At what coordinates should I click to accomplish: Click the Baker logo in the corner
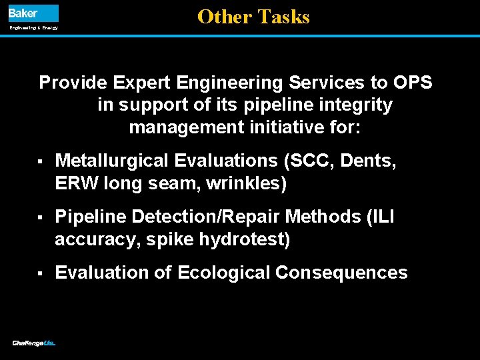tap(33, 13)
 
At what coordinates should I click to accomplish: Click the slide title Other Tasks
tap(253, 17)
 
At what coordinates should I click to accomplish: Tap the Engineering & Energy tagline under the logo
tap(33, 28)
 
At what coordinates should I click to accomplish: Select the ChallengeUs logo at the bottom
tap(33, 343)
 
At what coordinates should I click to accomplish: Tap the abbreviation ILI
tap(380, 217)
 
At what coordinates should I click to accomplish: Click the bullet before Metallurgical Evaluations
tap(41, 161)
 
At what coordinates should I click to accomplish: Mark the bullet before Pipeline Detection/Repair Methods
tap(41, 217)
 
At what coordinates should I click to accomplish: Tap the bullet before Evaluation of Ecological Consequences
tap(41, 273)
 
